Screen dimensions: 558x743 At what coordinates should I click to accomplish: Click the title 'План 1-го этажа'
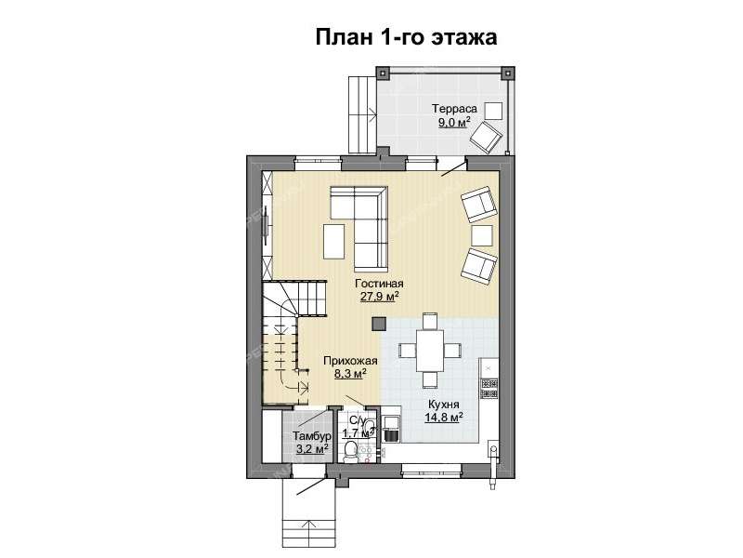(x=407, y=37)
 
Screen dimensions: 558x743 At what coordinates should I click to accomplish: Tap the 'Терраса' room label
(x=455, y=108)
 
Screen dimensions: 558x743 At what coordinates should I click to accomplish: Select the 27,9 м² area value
(x=380, y=297)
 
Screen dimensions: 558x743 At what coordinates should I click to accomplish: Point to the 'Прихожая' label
(x=349, y=360)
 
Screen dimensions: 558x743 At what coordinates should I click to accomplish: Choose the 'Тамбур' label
(x=310, y=435)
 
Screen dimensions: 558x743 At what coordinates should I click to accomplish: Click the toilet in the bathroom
(x=350, y=451)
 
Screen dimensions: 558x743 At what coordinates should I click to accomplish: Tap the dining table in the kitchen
(x=429, y=350)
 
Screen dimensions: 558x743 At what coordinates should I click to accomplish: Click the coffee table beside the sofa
(x=332, y=240)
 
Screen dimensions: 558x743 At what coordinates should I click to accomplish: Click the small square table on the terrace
(x=494, y=110)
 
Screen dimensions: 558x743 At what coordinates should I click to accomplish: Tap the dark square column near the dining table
(x=378, y=323)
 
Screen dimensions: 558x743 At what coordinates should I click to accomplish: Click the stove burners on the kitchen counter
(x=489, y=381)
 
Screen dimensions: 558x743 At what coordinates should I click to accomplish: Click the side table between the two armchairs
(x=481, y=233)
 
